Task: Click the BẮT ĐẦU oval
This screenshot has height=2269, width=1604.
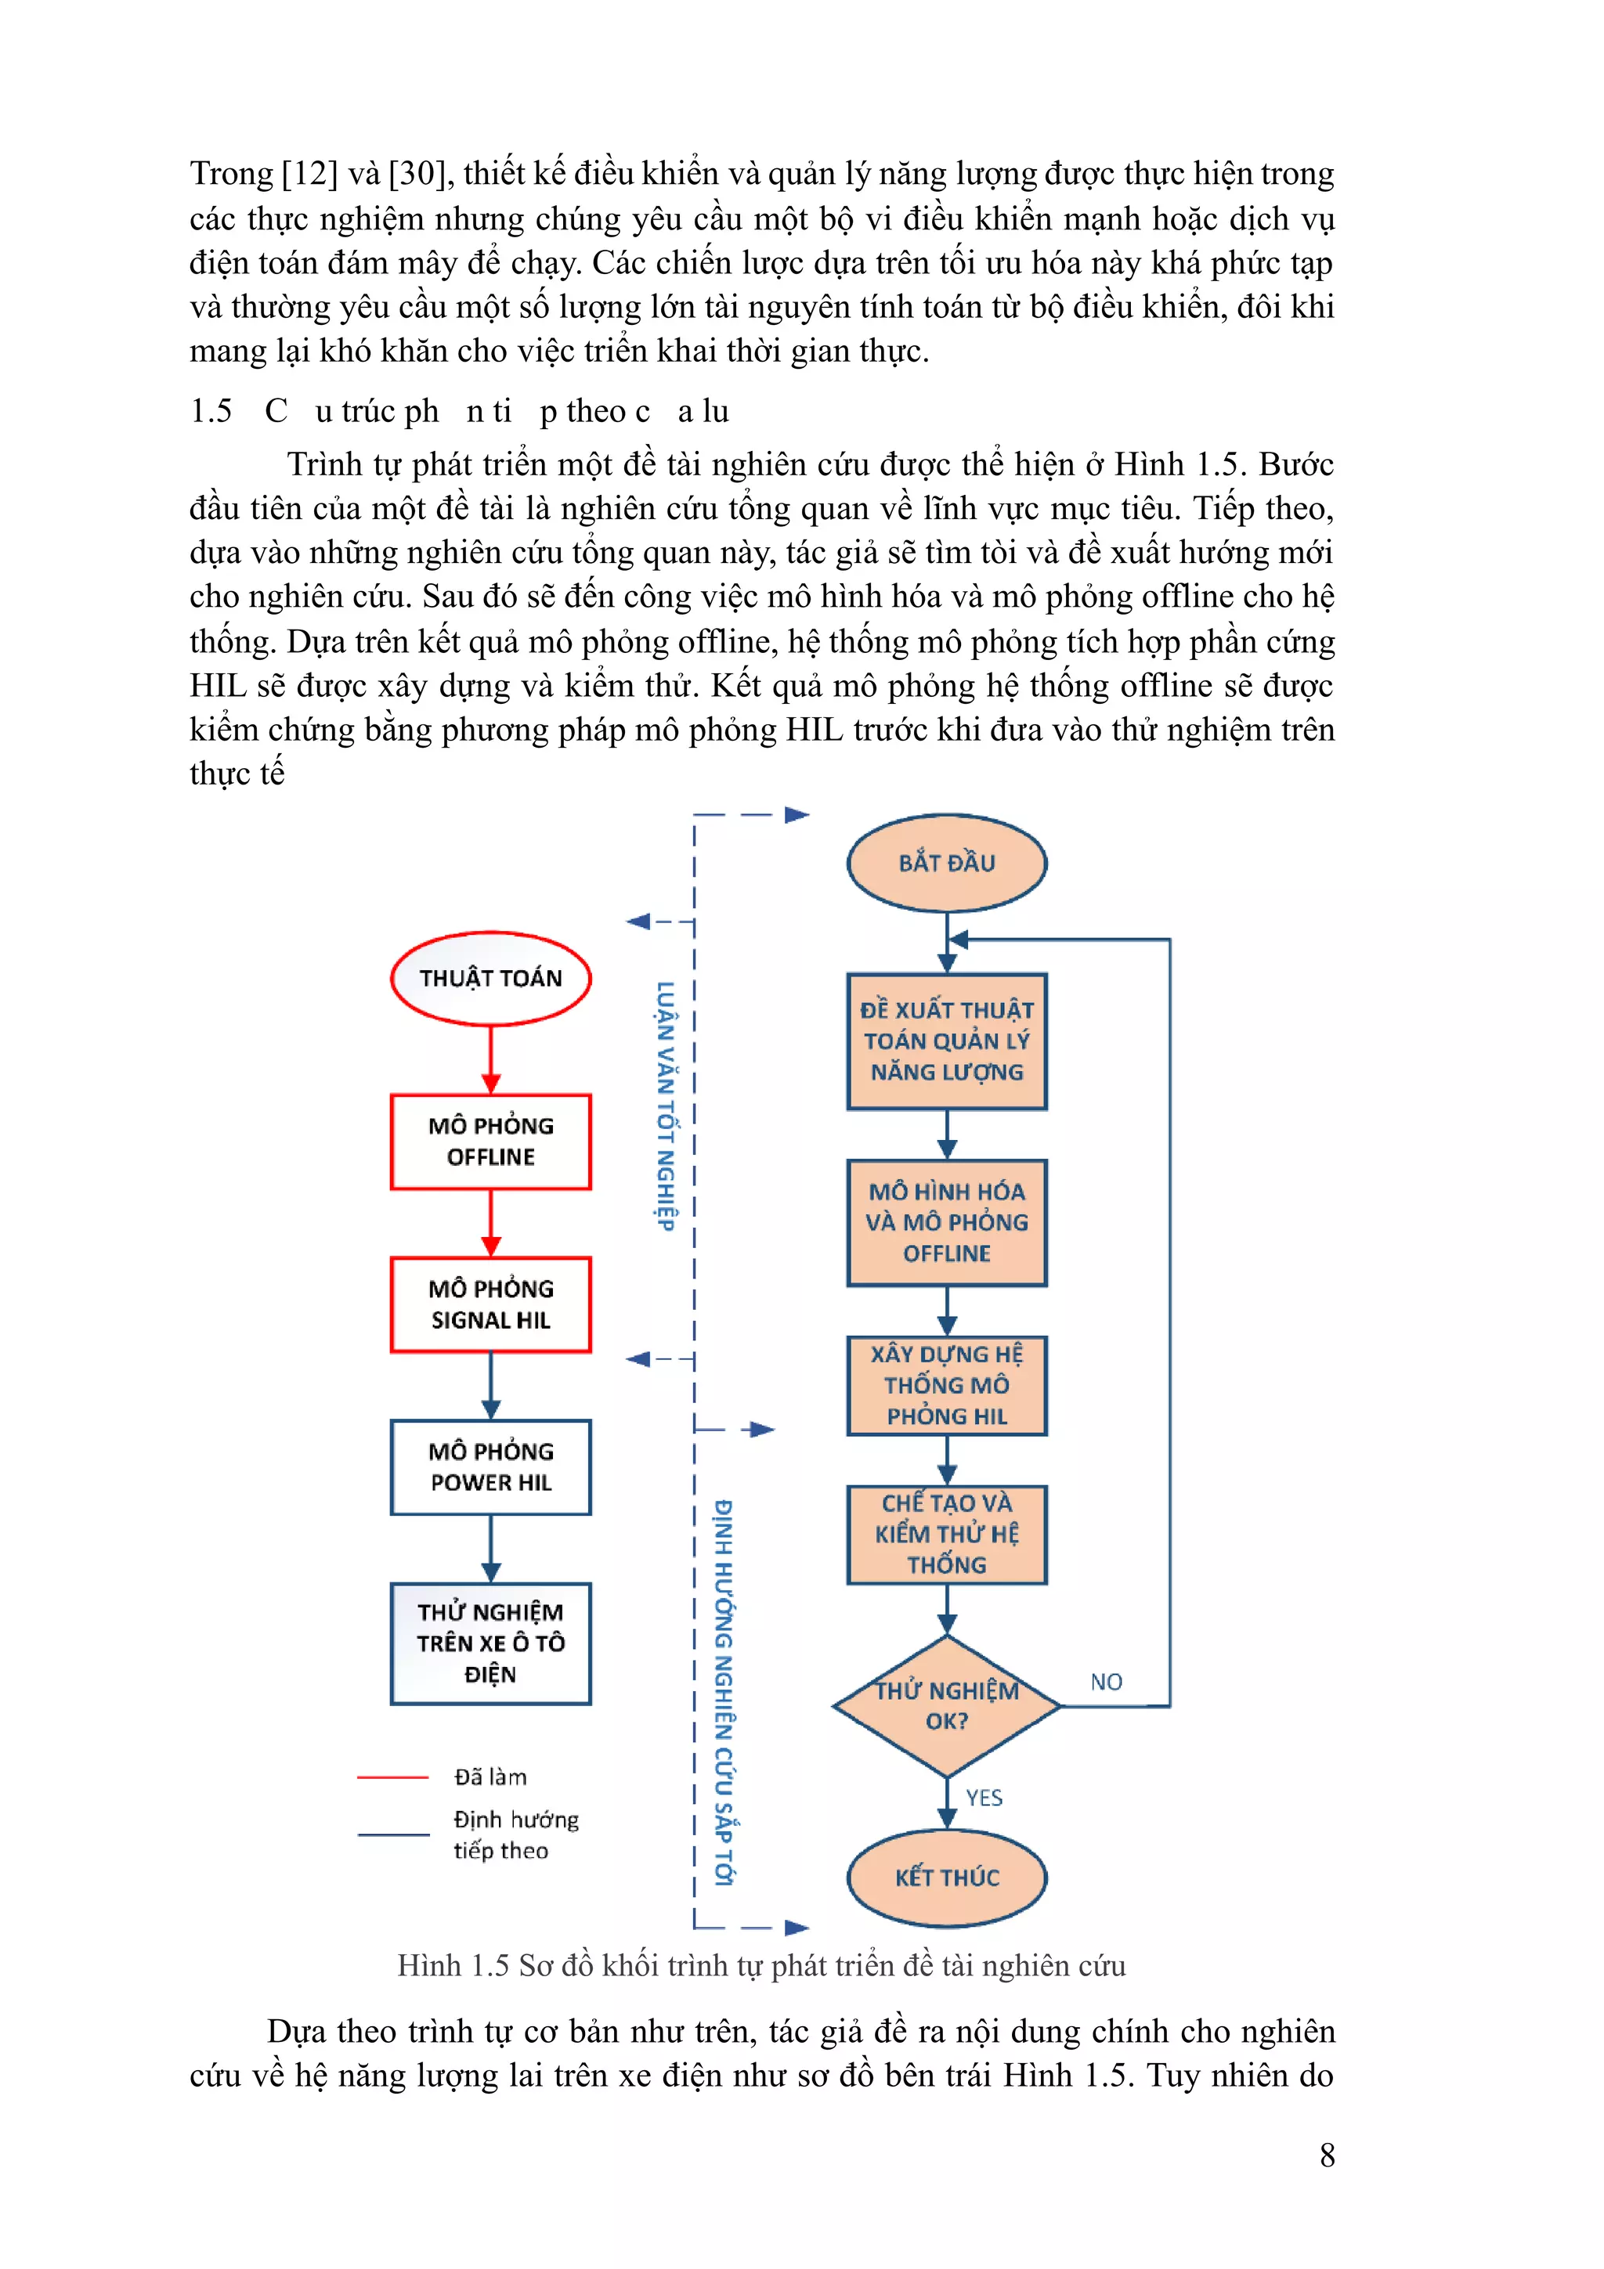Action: pos(946,863)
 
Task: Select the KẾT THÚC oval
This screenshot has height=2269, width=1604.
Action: pos(946,1877)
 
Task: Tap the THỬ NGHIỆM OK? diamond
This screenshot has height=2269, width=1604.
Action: pos(946,1706)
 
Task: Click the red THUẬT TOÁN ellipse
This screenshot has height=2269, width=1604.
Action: pos(490,979)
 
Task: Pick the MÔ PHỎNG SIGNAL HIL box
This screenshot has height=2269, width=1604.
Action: pos(490,1304)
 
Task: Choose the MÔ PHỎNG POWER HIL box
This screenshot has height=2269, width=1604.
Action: pos(490,1466)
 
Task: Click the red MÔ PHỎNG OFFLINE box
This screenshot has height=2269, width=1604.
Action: pos(490,1142)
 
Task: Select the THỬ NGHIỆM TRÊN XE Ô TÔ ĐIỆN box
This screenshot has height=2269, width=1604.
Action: pos(490,1643)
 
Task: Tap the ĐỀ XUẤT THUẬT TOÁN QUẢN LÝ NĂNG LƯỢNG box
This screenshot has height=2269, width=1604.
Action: pos(946,1041)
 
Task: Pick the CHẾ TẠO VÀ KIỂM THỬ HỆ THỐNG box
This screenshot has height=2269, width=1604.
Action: pos(946,1534)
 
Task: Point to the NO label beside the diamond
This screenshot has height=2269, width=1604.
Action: pos(1106,1682)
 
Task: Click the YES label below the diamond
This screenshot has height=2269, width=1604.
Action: pos(984,1798)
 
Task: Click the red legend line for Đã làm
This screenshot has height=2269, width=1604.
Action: pos(392,1777)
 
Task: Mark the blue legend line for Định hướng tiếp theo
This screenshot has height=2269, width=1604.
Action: pos(392,1834)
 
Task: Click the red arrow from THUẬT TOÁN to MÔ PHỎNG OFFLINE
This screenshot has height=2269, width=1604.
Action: pos(490,1059)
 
